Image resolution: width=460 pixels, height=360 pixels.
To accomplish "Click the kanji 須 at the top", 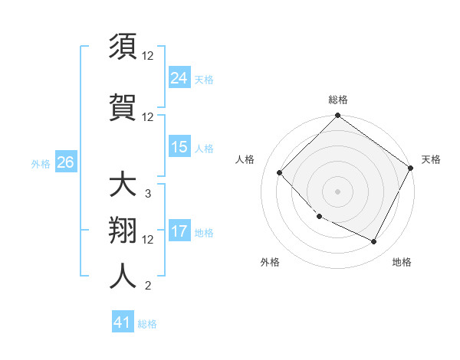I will tap(123, 47).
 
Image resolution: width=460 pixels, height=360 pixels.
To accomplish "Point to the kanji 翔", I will tap(123, 232).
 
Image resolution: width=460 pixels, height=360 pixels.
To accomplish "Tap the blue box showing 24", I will tap(179, 77).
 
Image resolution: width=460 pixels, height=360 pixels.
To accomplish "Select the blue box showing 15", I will tap(179, 147).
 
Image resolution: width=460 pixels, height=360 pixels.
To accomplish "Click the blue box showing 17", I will tap(179, 231).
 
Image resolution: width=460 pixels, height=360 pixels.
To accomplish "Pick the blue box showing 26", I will tap(65, 162).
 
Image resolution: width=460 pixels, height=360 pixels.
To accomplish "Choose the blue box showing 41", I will tap(123, 322).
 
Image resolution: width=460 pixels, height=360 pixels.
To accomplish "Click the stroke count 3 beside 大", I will tap(147, 194).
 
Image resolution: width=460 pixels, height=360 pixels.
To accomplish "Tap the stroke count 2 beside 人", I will tap(147, 286).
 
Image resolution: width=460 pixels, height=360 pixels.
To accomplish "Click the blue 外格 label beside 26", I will tap(41, 163).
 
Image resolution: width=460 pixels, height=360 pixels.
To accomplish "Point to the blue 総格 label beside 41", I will tap(147, 324).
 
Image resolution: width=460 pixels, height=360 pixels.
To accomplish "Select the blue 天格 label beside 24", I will tap(204, 79).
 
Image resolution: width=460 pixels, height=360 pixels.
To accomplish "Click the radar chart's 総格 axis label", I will tap(337, 100).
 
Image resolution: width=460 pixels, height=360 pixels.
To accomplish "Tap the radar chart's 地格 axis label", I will tap(402, 262).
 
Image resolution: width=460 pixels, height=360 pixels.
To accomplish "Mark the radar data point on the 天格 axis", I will tap(412, 167).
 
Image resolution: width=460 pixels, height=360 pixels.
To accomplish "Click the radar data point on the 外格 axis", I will tap(320, 217).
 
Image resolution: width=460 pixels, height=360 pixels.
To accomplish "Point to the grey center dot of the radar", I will tap(337, 191).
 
